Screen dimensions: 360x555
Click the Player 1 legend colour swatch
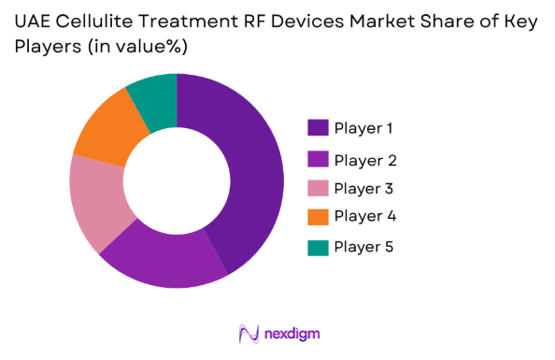point(317,128)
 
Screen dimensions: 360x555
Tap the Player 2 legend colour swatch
point(317,158)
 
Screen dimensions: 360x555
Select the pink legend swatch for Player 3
point(317,187)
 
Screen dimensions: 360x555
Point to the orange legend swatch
point(317,217)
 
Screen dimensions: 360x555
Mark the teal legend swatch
point(317,247)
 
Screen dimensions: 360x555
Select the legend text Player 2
point(365,158)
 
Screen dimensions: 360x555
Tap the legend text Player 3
point(365,188)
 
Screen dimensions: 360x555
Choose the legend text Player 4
point(365,217)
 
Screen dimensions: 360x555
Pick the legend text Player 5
point(365,247)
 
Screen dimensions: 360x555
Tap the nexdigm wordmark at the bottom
point(292,334)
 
